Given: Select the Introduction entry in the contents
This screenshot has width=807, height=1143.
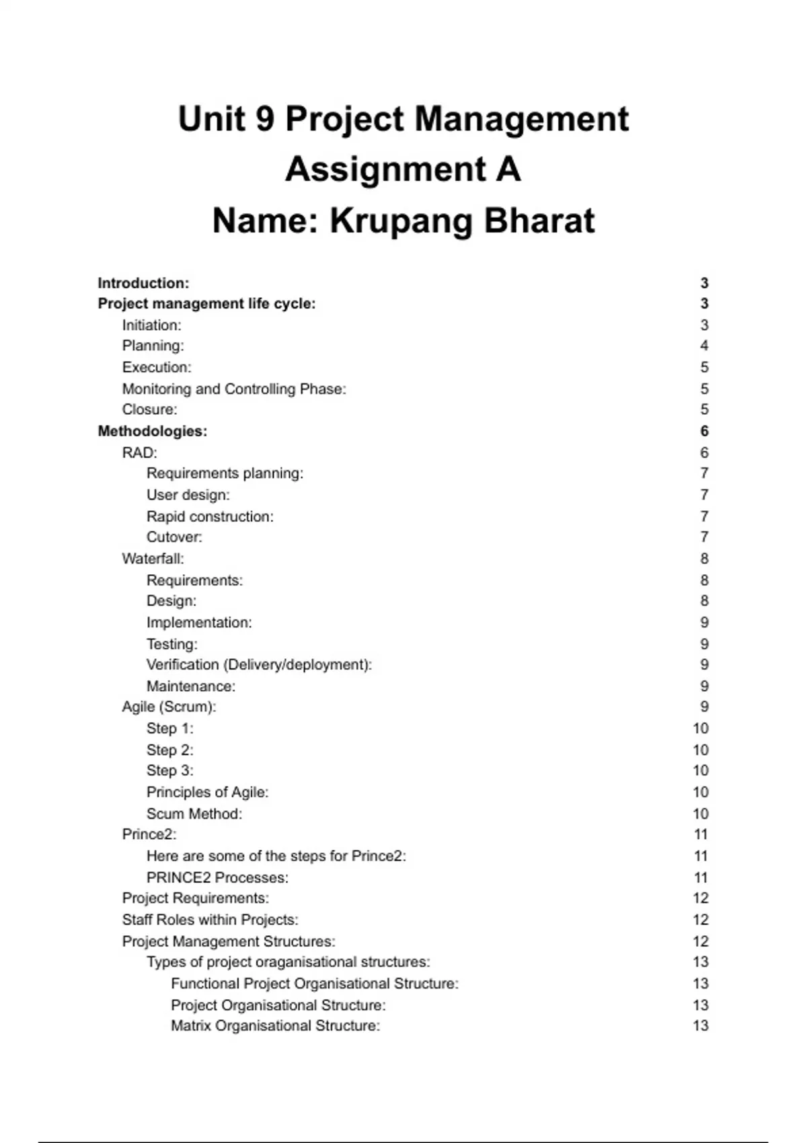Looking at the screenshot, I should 143,283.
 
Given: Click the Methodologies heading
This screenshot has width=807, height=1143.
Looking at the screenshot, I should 153,431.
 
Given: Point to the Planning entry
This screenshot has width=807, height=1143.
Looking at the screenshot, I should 153,346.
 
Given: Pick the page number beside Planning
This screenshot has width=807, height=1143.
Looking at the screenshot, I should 704,346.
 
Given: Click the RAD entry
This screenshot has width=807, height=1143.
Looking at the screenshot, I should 139,452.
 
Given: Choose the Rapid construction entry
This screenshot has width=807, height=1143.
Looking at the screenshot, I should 210,516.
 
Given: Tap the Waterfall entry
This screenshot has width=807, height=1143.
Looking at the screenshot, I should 153,559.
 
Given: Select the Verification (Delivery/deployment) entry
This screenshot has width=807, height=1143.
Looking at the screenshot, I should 259,665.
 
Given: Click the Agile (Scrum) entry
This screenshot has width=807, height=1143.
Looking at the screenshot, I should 169,707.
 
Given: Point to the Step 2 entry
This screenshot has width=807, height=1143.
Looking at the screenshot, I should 169,750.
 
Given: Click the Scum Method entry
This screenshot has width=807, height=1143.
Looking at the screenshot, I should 194,814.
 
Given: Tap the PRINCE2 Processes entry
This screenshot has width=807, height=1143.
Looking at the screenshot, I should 217,877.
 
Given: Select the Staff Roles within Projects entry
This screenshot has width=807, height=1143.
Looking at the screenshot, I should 210,920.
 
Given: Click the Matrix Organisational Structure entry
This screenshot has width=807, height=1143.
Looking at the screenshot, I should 275,1026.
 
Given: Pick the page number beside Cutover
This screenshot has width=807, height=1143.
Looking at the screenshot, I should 704,537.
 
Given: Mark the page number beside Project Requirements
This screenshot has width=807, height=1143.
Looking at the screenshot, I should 701,898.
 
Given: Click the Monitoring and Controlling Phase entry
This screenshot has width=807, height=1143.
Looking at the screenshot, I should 234,389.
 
